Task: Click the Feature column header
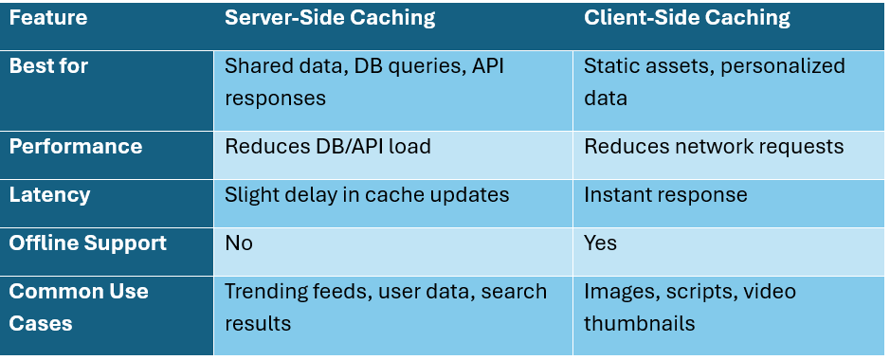coord(48,18)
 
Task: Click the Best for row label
coord(49,66)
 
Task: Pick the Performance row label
coord(76,147)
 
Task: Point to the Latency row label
coord(49,195)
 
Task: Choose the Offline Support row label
coord(87,243)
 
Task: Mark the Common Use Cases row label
coord(79,307)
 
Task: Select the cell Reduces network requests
coord(714,147)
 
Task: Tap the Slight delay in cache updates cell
coord(367,195)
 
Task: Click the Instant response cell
coord(665,195)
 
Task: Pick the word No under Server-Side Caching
coord(239,243)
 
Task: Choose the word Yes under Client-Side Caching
coord(600,243)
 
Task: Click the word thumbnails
coord(640,323)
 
